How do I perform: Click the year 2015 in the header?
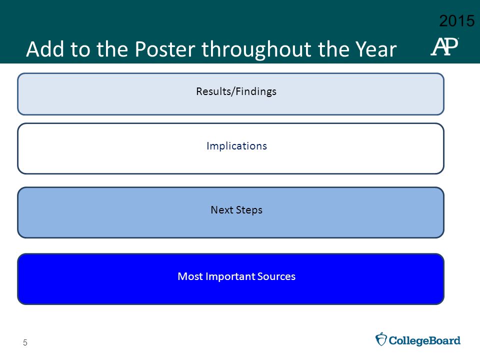point(456,21)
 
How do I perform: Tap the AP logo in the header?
point(444,46)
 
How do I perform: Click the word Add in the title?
point(45,49)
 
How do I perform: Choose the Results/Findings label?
point(236,91)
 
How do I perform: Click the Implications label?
point(236,146)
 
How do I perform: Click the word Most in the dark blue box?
point(190,276)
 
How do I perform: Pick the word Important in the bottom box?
point(230,276)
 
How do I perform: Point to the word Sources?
point(276,276)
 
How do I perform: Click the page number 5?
point(25,342)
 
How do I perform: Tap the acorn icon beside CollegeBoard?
point(381,339)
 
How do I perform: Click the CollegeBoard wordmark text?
point(424,340)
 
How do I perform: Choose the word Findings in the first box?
point(256,91)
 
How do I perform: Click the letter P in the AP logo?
point(450,46)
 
